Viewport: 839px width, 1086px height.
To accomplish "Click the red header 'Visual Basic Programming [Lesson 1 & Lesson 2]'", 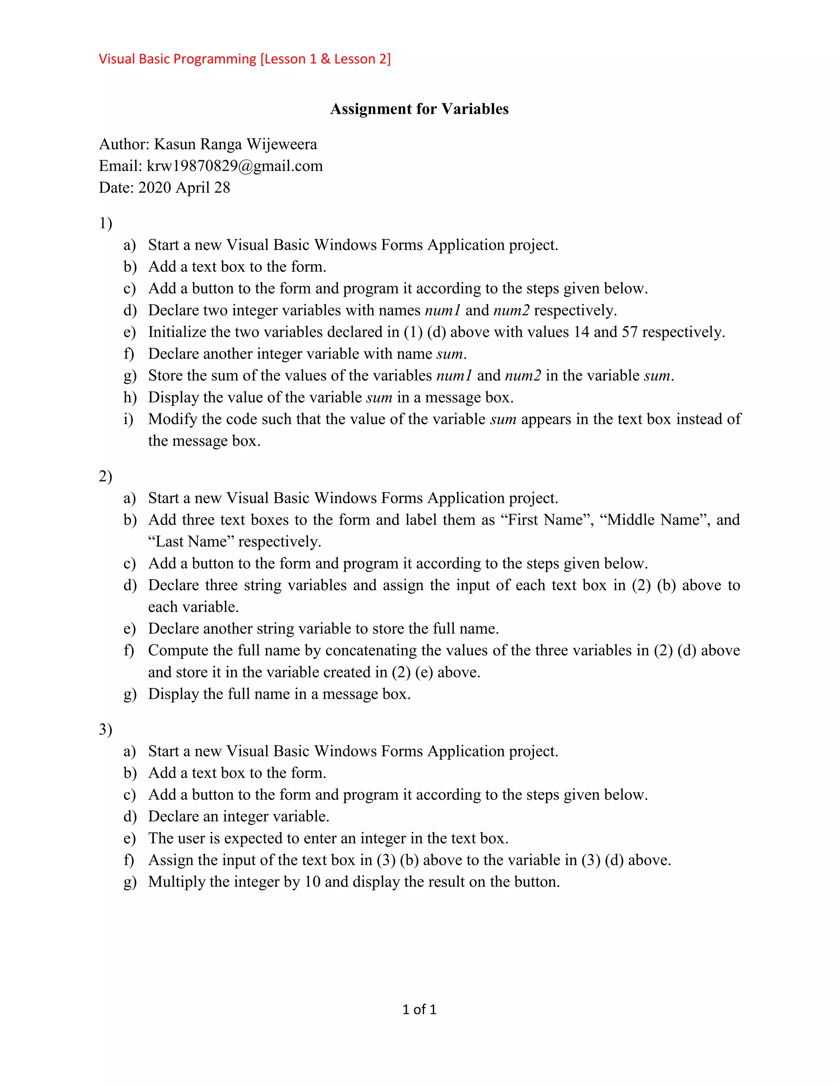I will click(245, 59).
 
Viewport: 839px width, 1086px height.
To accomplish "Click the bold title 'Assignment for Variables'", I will click(419, 109).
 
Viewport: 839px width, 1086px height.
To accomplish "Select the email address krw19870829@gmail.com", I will click(235, 166).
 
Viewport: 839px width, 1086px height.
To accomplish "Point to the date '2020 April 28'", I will click(184, 187).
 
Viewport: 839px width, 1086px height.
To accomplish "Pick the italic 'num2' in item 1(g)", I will click(522, 375).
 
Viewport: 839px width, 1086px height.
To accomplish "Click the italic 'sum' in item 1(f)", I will click(449, 354).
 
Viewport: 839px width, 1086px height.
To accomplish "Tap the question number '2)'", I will click(105, 476).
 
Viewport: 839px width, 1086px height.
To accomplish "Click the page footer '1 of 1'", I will click(419, 1009).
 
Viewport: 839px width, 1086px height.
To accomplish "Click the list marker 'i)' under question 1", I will click(128, 419).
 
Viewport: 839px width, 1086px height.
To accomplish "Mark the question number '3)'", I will click(105, 729).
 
